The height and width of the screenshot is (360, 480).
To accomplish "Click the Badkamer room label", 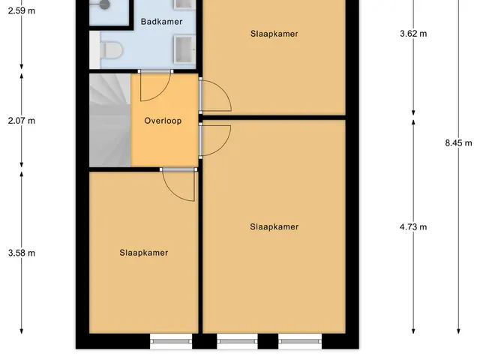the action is coord(161,22).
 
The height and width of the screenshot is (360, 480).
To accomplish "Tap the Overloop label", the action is coord(163,121).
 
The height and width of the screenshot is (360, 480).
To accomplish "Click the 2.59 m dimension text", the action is coord(22,11).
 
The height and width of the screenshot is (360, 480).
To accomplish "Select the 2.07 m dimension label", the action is coord(22,121).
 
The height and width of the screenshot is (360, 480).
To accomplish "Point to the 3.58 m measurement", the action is coord(22,253).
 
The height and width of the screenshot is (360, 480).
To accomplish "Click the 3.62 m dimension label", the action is coord(413,34).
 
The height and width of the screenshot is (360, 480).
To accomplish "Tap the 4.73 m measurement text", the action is coord(413,226).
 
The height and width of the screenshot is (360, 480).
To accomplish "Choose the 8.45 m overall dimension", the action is coord(458,142).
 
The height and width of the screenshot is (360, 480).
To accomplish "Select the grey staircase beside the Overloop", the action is coord(110,120).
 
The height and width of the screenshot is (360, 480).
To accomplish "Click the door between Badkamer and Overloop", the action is coord(155,85).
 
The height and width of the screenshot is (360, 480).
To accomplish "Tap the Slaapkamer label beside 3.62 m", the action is coord(274,34).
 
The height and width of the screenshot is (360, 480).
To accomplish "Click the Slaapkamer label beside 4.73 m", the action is coord(274,226).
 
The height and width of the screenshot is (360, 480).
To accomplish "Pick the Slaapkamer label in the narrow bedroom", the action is coord(143,253).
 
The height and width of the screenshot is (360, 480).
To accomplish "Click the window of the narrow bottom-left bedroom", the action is coord(171,341).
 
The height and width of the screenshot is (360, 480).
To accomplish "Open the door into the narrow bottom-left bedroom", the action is coord(178,184).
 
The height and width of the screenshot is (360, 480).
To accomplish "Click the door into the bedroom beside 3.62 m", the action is coord(215,95).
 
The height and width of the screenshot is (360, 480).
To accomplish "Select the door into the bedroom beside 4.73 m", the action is coord(215,140).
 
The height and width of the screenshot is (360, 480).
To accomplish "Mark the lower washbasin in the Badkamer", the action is coord(184,49).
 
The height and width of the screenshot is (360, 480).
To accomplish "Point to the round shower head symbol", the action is coord(105,4).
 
